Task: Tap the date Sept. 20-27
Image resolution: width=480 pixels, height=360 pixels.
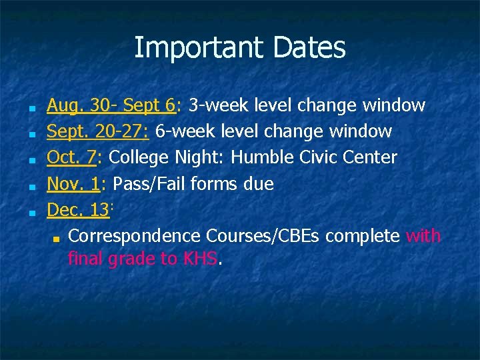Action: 97,131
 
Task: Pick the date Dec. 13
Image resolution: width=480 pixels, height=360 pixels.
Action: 77,209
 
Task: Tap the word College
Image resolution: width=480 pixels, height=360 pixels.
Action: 139,157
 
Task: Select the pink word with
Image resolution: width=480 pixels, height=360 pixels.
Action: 423,235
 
